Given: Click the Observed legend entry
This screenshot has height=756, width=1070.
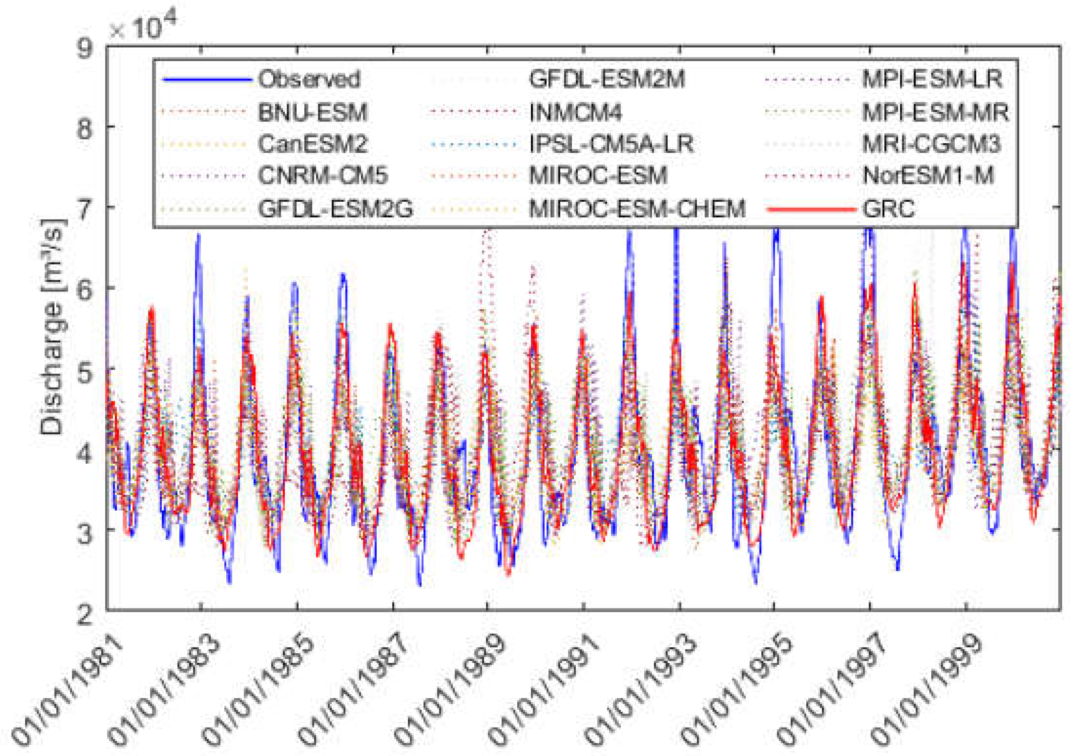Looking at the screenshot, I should coord(309,79).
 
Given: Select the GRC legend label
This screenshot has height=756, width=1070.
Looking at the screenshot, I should coord(888,209).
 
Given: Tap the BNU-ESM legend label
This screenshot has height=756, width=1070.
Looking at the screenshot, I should coord(313,112).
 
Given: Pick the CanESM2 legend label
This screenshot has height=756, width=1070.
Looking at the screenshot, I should coord(313,144).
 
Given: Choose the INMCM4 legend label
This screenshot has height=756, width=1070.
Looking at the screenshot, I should coord(576,112).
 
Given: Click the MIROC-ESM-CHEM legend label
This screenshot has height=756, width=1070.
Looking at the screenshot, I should coord(637,209).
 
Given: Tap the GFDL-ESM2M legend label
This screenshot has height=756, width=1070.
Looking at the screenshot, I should coord(607,79).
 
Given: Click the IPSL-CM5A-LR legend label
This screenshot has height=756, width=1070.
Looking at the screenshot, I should coord(611,144).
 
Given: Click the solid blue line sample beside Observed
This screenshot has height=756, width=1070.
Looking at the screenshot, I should coord(207,80).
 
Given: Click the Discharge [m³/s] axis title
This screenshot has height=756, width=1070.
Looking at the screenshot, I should coord(52,326).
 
